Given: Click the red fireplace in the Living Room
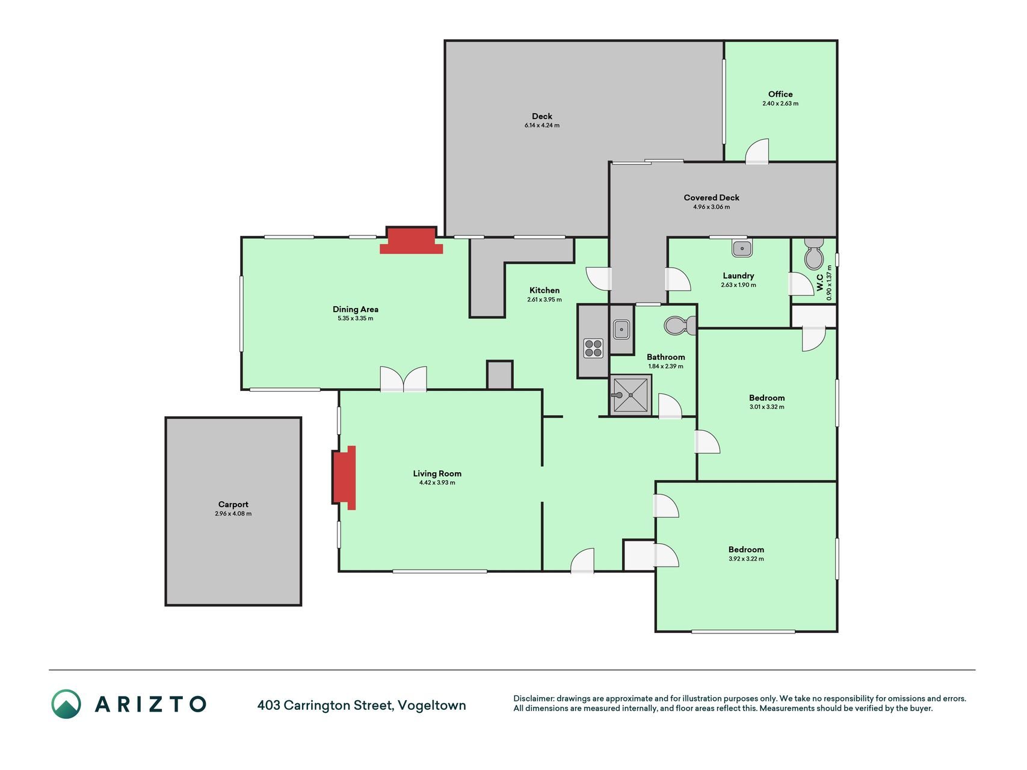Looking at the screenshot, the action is pos(345,478).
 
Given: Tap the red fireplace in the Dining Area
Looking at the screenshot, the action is pos(412,241).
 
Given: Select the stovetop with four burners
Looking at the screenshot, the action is pos(593,348).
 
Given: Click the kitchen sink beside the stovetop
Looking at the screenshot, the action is pos(621,329).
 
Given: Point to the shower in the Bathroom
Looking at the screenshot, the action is pos(631,395).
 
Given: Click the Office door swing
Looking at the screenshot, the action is pos(757,152).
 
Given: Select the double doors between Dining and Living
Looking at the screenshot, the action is pos(404,379).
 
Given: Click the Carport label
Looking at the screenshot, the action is pos(233,505).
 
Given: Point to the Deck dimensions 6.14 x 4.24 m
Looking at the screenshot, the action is pos(542,125).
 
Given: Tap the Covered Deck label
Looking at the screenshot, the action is pos(712,197).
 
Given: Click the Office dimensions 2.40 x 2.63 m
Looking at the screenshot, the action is pos(780,103).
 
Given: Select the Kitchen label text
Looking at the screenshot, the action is pos(544,291).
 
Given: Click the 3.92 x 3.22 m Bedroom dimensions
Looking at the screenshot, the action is pos(746,559).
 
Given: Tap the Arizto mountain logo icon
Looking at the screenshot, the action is pos(66,704).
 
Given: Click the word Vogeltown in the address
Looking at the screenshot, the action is pos(432,705).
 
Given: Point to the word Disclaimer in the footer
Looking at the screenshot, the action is pos(533,698).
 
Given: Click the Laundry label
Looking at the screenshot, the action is pos(738,276).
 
